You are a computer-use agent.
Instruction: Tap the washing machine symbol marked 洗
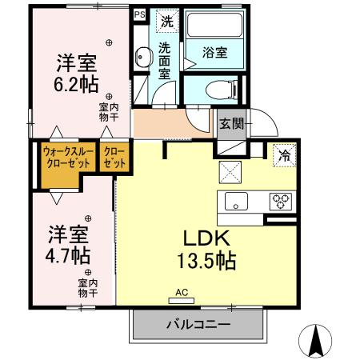point(166,20)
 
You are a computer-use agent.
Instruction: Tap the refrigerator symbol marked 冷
point(283,154)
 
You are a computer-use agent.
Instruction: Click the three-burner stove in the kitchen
point(281,201)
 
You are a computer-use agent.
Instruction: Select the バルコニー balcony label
point(198,325)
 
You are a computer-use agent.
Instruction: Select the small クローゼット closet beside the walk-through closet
point(114,156)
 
